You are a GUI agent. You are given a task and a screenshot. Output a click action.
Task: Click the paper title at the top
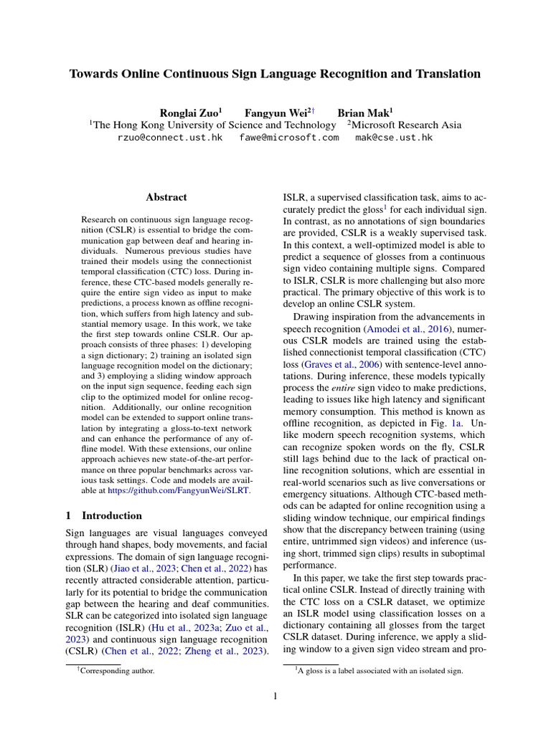tap(275, 74)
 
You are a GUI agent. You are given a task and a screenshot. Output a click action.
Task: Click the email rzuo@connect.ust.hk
tap(169, 137)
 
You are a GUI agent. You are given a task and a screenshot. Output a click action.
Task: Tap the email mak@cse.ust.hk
tap(394, 137)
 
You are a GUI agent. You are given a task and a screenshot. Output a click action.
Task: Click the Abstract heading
tap(166, 197)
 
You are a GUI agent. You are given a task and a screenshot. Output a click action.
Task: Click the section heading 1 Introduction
tap(104, 515)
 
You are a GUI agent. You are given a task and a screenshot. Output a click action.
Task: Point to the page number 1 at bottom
tap(275, 696)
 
